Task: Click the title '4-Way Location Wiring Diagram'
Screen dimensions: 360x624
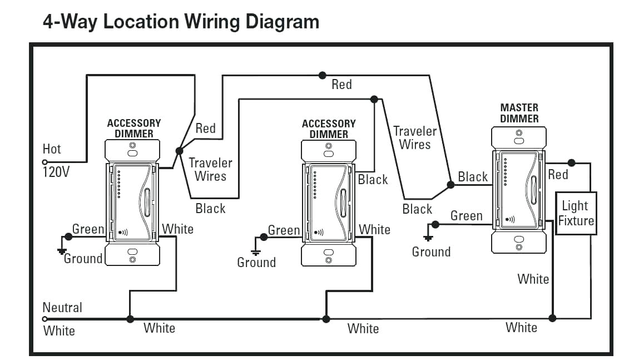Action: tap(181, 22)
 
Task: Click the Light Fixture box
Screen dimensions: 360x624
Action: tap(576, 213)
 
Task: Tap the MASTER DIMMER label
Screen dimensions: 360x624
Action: tap(519, 113)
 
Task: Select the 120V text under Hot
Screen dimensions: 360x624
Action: tap(56, 171)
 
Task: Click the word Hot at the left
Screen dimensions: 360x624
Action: tap(52, 149)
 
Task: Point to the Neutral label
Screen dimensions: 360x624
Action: tap(62, 307)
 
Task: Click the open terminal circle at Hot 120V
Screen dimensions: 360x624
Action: tap(45, 162)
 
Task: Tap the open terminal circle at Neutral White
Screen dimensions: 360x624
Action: tap(45, 319)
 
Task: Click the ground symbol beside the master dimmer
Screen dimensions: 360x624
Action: tap(428, 238)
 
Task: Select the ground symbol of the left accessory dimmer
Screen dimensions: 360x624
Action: tap(62, 251)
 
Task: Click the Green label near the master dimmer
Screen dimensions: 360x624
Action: tap(466, 215)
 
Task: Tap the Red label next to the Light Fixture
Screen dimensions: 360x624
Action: tap(558, 175)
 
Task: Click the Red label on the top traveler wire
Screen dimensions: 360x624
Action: tap(341, 85)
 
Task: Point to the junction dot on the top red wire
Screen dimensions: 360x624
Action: tap(322, 75)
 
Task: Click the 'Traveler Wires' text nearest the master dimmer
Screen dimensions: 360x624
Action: tap(415, 138)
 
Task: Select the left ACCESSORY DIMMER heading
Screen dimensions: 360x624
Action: tap(133, 128)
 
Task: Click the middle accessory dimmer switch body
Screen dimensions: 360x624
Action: tap(328, 203)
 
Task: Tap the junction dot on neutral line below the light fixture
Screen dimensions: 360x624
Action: tap(552, 318)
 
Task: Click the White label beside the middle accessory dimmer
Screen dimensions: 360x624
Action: tap(374, 229)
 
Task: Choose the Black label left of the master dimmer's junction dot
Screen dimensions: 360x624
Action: tap(473, 177)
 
